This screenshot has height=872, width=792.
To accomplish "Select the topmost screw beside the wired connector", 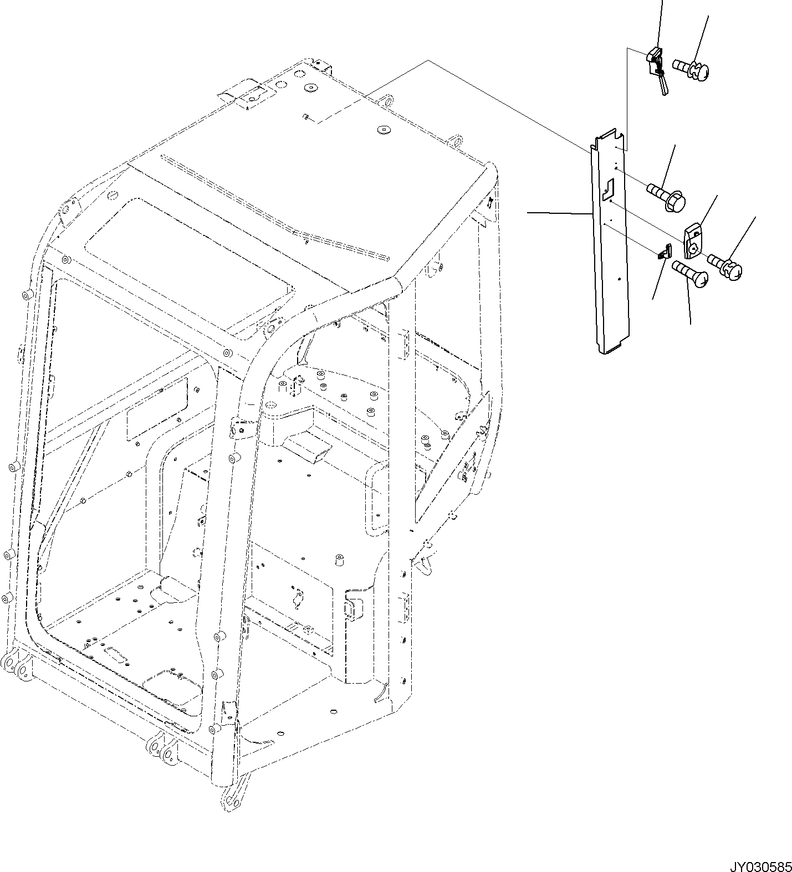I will coord(692,69).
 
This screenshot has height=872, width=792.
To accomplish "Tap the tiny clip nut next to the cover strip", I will coord(663,254).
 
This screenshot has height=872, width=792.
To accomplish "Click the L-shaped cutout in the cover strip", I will coord(608,188).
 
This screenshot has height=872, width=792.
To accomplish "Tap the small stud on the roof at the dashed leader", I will coord(306,116).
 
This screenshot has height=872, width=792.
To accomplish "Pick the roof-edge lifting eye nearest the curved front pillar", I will coord(456,140).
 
